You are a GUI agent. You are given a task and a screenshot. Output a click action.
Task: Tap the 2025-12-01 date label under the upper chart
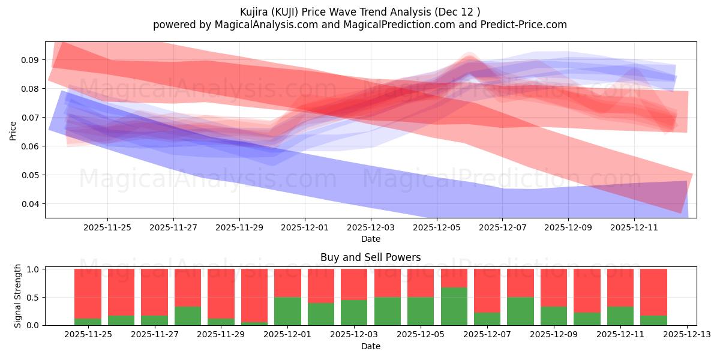point(305,227)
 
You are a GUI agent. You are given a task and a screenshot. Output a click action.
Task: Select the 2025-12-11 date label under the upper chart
point(634,227)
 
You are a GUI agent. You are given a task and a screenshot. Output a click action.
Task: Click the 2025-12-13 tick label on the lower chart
point(686,334)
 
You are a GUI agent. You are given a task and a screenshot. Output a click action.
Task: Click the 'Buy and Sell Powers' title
point(370,257)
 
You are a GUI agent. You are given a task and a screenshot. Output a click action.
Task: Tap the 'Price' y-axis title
point(13,130)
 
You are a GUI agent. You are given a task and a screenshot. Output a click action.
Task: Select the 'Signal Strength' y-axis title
point(18,296)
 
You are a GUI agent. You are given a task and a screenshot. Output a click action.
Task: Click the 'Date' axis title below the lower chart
point(370,346)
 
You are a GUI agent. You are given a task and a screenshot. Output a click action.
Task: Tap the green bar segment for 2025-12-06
point(454,306)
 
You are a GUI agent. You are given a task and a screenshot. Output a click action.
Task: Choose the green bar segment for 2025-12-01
point(287,311)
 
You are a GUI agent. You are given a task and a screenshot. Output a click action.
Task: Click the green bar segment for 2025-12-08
point(520,311)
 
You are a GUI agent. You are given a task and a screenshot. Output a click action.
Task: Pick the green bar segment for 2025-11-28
point(188,316)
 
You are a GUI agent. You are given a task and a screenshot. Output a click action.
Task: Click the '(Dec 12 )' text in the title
point(458,11)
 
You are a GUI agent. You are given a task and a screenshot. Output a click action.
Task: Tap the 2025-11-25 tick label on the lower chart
point(88,334)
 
